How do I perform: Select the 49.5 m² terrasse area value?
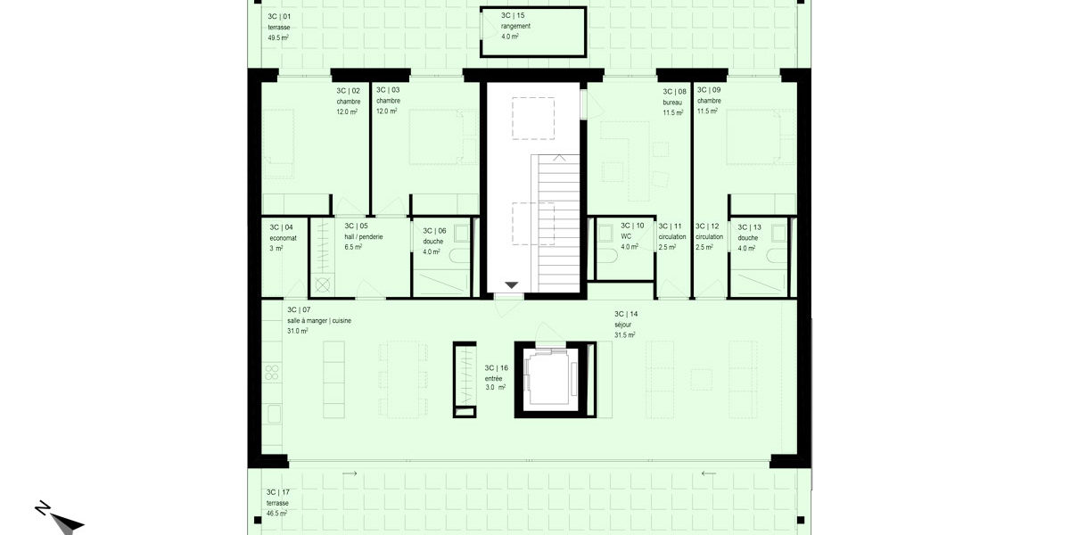[278, 37]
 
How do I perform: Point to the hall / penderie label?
[364, 237]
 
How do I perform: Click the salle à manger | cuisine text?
[319, 320]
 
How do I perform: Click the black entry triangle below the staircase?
[512, 285]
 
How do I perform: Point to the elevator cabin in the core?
[551, 380]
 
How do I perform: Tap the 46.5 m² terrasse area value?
[276, 514]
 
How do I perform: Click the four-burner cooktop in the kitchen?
[272, 372]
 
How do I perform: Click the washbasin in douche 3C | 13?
[778, 233]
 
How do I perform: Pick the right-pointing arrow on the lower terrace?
[350, 473]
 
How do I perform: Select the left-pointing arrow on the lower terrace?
[709, 473]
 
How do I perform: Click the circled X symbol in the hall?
[323, 285]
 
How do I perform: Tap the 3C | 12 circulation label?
[709, 236]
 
